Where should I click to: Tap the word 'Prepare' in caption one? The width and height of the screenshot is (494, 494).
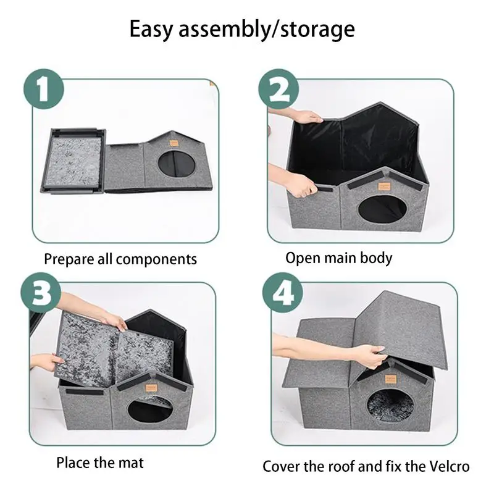click(x=67, y=258)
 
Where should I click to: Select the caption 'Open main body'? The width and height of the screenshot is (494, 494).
click(x=338, y=257)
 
